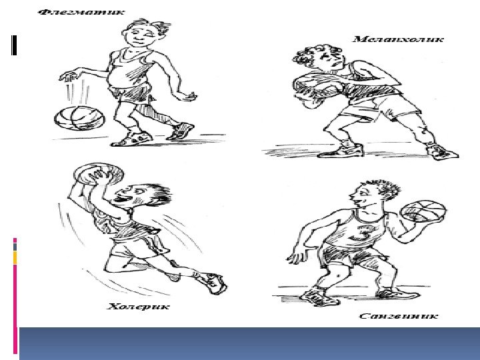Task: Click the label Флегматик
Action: pos(81,13)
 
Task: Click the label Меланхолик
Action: pos(398,39)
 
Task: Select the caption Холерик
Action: pos(138,307)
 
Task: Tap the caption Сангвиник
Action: pos(398,316)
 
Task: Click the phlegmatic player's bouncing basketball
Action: pos(79,118)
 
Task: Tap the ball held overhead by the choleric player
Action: pos(99,174)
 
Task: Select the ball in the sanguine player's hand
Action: pos(423,211)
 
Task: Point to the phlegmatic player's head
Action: pos(144,33)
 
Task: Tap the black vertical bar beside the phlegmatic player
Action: pos(14,45)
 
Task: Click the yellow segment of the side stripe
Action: pos(15,258)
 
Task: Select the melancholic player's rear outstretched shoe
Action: pos(442,152)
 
